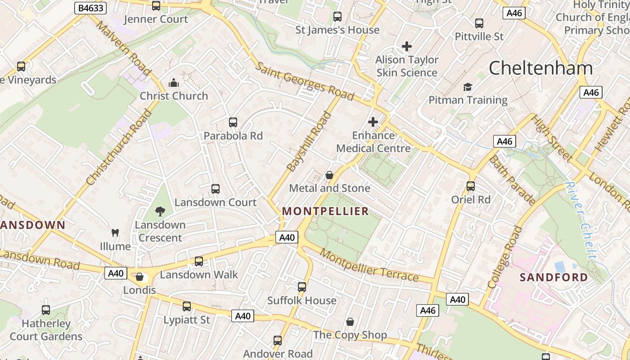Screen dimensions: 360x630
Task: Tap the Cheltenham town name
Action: (x=540, y=68)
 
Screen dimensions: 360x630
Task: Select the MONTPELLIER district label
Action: (x=325, y=211)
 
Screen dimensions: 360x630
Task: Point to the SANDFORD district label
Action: (x=553, y=277)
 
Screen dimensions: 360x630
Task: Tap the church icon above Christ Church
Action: (x=174, y=83)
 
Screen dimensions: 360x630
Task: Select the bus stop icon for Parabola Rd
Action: (x=233, y=122)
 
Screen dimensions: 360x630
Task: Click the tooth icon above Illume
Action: (x=115, y=233)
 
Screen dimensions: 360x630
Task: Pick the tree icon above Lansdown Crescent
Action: (x=160, y=211)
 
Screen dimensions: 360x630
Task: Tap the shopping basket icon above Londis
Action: (x=139, y=277)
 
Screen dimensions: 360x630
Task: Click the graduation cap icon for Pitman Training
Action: (x=468, y=87)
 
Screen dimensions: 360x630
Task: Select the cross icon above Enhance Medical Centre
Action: (x=373, y=122)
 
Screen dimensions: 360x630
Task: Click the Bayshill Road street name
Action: (x=310, y=141)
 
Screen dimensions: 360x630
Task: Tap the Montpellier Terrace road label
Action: (x=369, y=265)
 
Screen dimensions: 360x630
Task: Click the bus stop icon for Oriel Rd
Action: (x=471, y=186)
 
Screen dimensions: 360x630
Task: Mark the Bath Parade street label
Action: (x=513, y=180)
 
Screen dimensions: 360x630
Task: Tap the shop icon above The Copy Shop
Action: (x=350, y=322)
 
